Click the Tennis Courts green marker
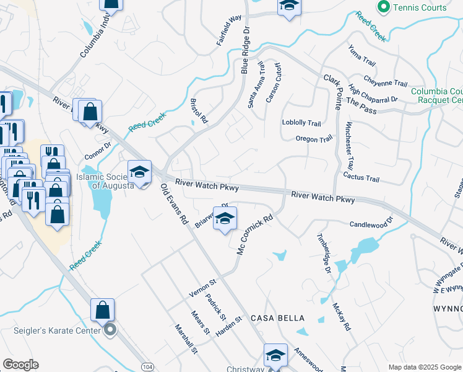point(383,7)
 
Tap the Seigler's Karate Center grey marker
point(110,330)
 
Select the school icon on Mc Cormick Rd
point(225,218)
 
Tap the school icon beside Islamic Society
point(140,172)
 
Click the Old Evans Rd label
point(175,204)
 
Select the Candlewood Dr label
point(371,224)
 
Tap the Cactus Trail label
point(361,178)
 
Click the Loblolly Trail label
point(301,123)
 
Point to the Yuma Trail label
point(361,56)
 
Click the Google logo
point(20,365)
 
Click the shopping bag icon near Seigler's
point(102,309)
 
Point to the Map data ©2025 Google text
point(424,367)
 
